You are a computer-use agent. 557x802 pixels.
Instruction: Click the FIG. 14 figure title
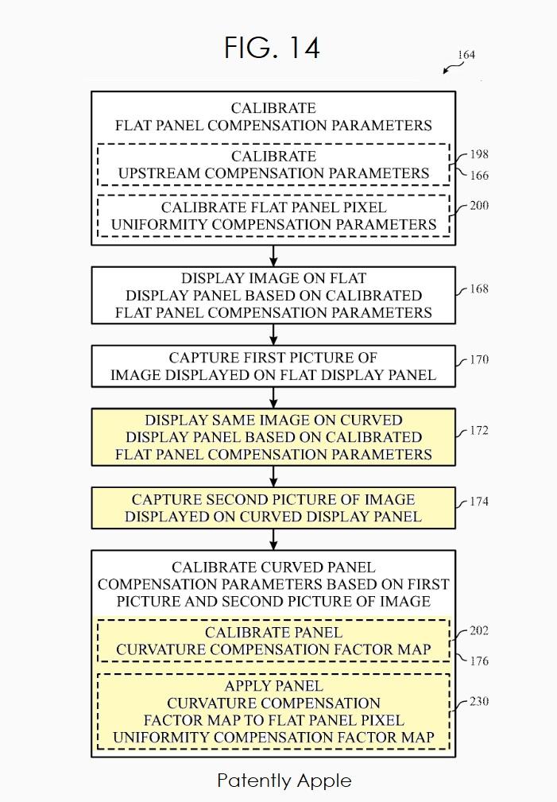(x=272, y=48)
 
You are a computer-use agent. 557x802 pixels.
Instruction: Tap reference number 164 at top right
(x=466, y=55)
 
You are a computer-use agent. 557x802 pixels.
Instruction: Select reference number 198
(x=479, y=155)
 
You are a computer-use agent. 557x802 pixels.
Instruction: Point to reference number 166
(x=479, y=176)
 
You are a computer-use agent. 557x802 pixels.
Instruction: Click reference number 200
(x=479, y=206)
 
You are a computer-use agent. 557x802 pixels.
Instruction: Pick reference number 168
(x=479, y=289)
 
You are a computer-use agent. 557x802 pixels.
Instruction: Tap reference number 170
(x=479, y=359)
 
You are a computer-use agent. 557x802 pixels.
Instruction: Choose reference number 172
(x=479, y=431)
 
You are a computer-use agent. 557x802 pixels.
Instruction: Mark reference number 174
(x=479, y=502)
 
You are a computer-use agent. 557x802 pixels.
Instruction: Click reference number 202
(x=479, y=631)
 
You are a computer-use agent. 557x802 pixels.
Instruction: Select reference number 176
(x=479, y=661)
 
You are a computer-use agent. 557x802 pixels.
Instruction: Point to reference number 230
(x=479, y=702)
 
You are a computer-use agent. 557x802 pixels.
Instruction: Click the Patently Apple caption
(x=284, y=781)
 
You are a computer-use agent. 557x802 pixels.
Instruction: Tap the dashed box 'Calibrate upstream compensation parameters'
(x=273, y=165)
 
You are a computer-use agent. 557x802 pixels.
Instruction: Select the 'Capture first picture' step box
(x=273, y=366)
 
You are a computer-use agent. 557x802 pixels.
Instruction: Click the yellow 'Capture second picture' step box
(x=273, y=508)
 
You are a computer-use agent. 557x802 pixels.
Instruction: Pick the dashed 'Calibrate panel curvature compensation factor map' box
(x=273, y=641)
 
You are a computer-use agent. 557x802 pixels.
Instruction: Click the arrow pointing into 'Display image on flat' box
(x=273, y=256)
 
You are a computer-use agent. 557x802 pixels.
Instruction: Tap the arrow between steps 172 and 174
(x=273, y=476)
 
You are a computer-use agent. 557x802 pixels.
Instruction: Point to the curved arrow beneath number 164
(x=452, y=69)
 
